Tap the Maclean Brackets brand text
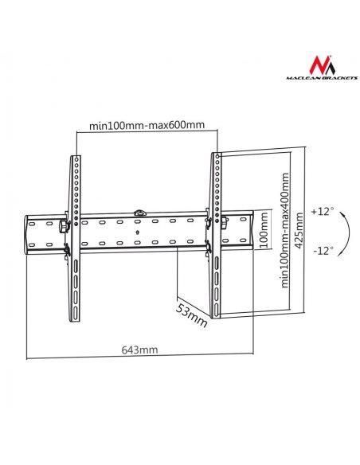tap(322, 78)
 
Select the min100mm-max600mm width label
tap(147, 125)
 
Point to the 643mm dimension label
tap(139, 350)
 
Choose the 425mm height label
tap(299, 230)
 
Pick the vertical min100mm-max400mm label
tap(284, 230)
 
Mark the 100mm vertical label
tap(264, 230)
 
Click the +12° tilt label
tap(323, 212)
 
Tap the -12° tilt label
tap(323, 251)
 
